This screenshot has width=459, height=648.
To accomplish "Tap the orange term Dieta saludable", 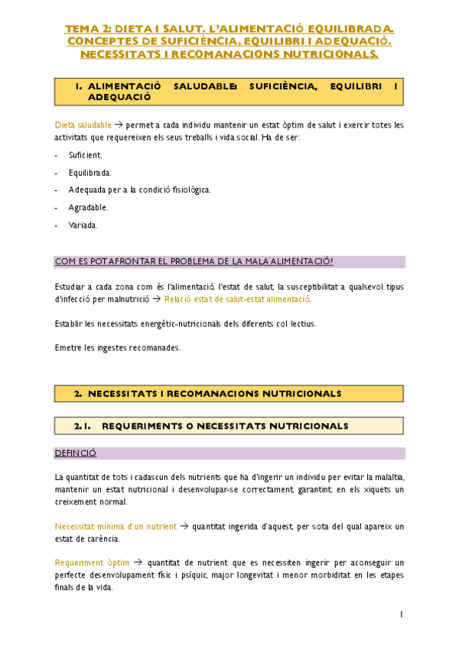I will pos(83,125).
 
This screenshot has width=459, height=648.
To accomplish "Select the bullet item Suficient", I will pos(85,155).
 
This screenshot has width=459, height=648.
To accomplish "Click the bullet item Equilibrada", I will pos(90,173).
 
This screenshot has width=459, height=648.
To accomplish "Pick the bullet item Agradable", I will pos(88,207).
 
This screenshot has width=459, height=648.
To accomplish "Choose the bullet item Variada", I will pos(83,225).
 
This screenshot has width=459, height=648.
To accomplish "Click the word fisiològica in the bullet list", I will pos(187,190).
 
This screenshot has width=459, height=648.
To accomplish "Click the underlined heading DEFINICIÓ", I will pos(76,453).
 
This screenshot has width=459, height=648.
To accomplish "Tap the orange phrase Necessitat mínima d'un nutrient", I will pos(116,526).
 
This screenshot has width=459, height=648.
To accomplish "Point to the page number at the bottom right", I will pos(401,614).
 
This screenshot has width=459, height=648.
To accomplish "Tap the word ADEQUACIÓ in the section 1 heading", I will pos(120,97).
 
